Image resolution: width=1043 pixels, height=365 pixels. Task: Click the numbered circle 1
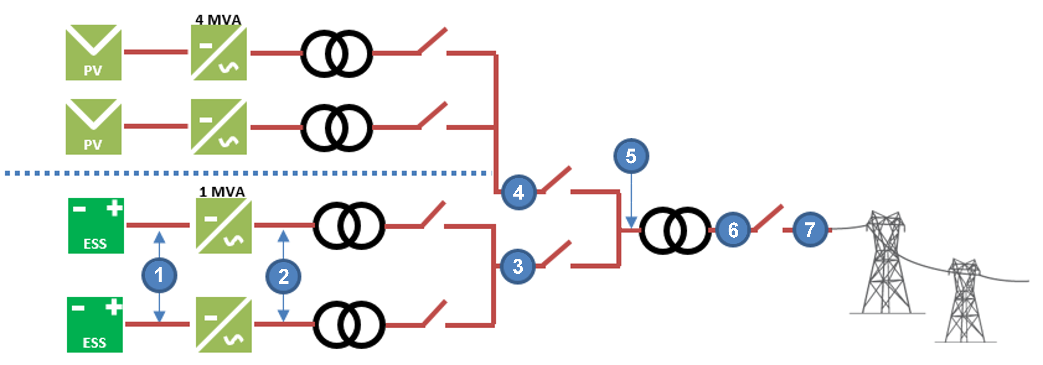point(159,275)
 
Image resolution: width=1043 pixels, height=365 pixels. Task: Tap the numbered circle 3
point(518,266)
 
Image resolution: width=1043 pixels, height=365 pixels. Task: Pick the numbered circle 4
point(519,192)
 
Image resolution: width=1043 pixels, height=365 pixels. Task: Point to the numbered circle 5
point(631,156)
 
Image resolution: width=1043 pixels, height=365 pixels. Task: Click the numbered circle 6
point(733,230)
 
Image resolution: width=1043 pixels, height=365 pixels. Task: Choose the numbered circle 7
point(810,230)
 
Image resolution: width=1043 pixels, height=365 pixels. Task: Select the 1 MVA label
point(222,192)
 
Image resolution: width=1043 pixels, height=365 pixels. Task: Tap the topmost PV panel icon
point(94,52)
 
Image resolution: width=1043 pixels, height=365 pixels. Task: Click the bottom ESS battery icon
point(95,325)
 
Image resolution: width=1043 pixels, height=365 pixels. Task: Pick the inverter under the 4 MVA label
point(219,53)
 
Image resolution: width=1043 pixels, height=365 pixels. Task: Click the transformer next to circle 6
point(675,230)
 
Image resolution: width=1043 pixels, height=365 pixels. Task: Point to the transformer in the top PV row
point(336,53)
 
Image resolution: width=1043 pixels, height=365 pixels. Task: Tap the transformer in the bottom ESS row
point(349,325)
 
